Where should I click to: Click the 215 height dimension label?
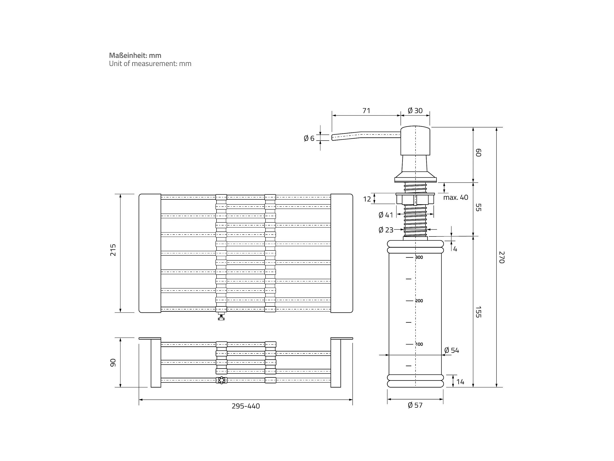coord(113,250)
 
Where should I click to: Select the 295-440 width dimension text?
coord(246,406)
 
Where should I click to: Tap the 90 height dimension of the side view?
coord(113,363)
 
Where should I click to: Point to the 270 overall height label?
coord(502,257)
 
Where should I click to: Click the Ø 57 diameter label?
coord(415,405)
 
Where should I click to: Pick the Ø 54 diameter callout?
coord(452,350)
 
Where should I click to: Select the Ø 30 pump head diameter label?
coord(415,111)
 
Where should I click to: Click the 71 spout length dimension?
coord(366,111)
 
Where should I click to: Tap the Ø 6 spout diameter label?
coord(309,138)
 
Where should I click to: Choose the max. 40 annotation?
coord(455,197)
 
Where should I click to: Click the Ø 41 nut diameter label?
coord(386,215)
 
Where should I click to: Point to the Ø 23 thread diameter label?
coord(386,230)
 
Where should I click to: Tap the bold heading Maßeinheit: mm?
coord(135,55)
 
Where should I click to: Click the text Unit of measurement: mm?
coord(150,64)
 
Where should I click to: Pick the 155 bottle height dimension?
coord(478,312)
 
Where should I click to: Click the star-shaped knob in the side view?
coord(221,380)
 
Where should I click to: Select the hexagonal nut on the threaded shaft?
coord(415,199)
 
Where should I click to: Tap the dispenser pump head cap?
coord(415,141)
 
